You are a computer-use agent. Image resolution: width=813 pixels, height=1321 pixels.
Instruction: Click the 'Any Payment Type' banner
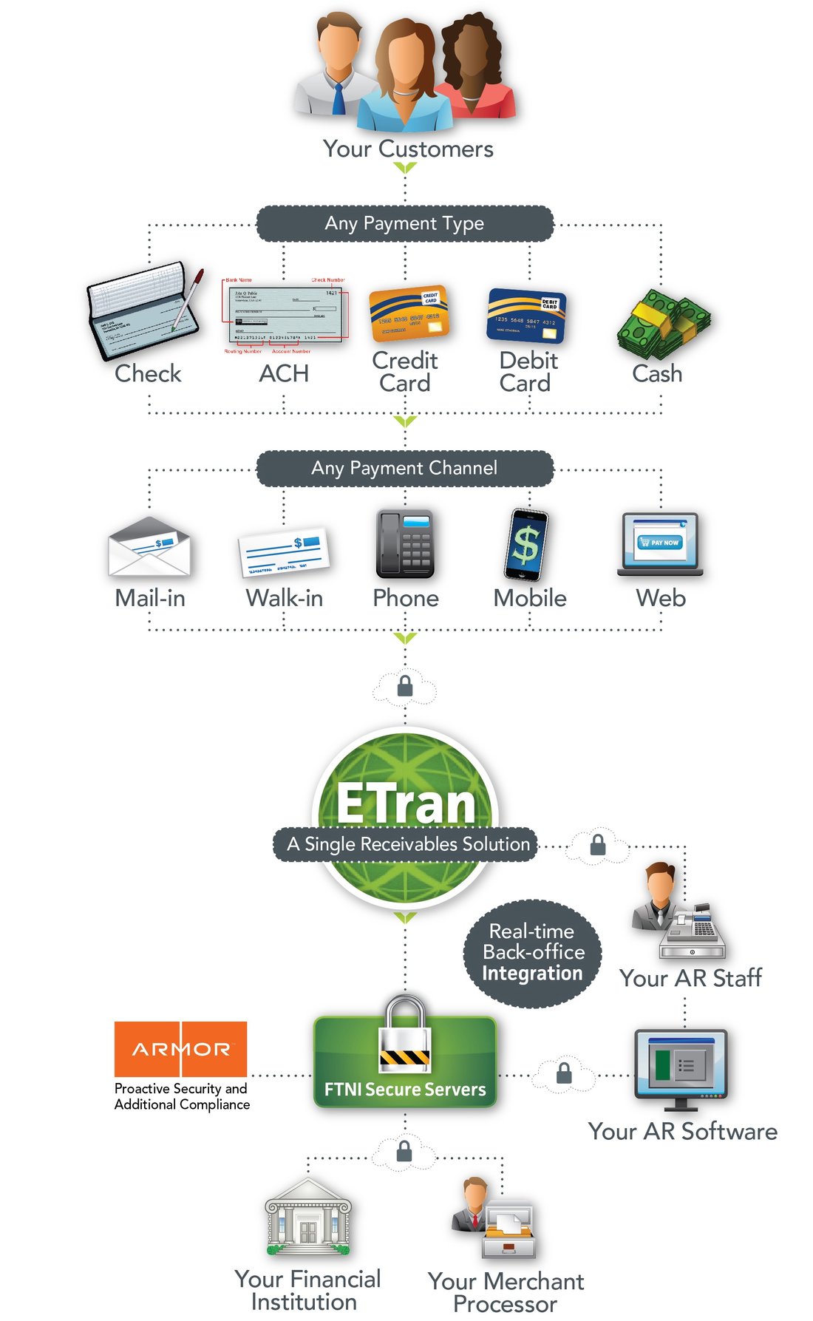[x=404, y=223]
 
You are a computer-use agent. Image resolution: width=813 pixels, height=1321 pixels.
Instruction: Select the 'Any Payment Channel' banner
[x=404, y=468]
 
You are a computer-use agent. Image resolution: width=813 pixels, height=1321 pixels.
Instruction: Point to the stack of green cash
[x=662, y=324]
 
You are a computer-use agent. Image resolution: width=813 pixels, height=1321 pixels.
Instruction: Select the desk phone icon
[x=404, y=544]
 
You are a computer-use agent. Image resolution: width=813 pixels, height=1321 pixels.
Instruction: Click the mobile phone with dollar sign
[x=527, y=546]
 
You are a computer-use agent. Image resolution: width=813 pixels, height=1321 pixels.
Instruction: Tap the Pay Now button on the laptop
[x=659, y=543]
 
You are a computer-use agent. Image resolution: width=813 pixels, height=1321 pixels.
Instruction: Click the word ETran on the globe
[x=406, y=804]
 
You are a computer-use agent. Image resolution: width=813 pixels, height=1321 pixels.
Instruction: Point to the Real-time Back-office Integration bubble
[x=532, y=952]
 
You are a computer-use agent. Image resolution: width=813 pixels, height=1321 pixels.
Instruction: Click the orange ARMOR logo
[x=180, y=1049]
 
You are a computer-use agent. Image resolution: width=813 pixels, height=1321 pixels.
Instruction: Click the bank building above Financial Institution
[x=308, y=1218]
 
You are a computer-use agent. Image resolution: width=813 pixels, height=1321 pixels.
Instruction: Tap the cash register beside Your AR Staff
[x=693, y=933]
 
